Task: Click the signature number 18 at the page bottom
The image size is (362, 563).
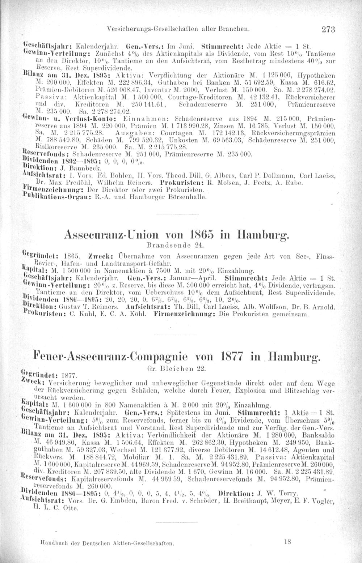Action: click(x=287, y=542)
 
